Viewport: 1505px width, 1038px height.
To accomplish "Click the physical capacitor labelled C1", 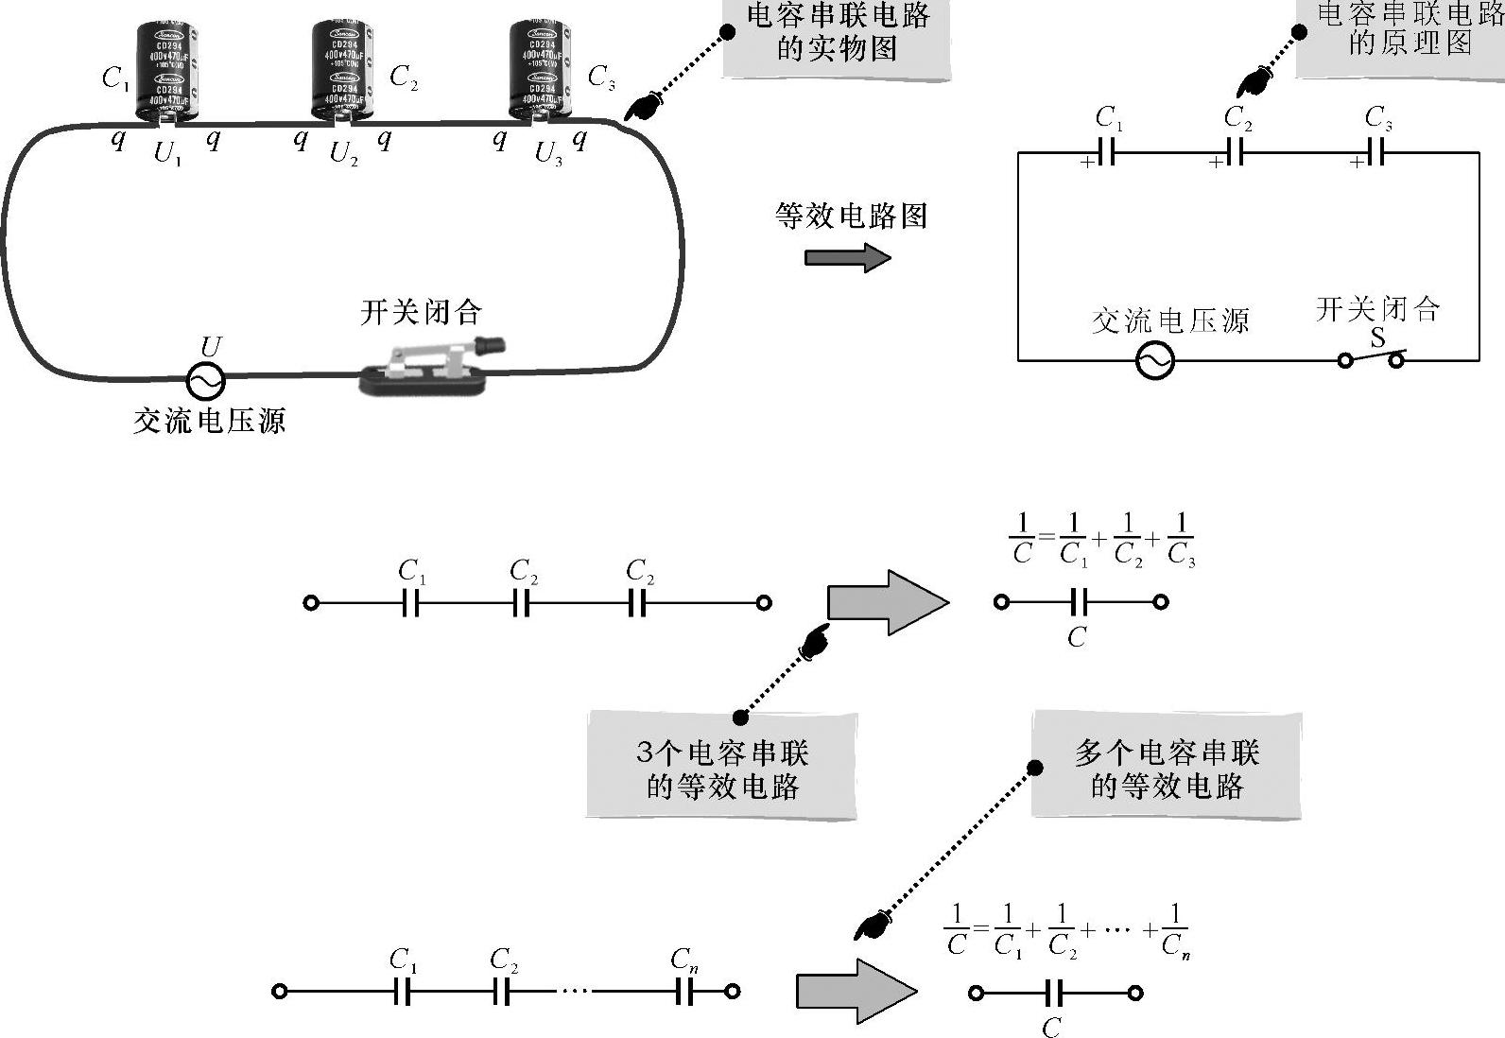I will pos(166,72).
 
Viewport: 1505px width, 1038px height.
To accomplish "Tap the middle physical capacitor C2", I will pos(341,68).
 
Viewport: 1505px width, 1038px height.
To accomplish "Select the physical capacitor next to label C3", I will pos(540,70).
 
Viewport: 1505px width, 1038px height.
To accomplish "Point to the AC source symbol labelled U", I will pos(205,381).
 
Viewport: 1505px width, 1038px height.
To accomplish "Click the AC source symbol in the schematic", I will pos(1154,360).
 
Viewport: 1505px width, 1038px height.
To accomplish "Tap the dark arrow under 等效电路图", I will pos(847,257).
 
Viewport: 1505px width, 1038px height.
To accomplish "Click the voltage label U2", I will pos(344,153).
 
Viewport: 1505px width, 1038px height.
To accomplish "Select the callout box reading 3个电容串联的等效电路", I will pos(721,769).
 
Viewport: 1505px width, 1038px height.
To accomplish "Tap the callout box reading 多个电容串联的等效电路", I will pos(1166,769).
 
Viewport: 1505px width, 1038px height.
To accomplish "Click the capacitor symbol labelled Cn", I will pos(685,992).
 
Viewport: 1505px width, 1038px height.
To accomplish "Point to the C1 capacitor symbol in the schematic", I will pos(1107,152).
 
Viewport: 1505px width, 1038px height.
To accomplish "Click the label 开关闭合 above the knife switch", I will pos(421,313).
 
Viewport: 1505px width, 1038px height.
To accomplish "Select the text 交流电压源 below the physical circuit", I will pos(209,421).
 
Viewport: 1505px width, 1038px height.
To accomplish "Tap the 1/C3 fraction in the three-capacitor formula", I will pos(1181,540).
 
